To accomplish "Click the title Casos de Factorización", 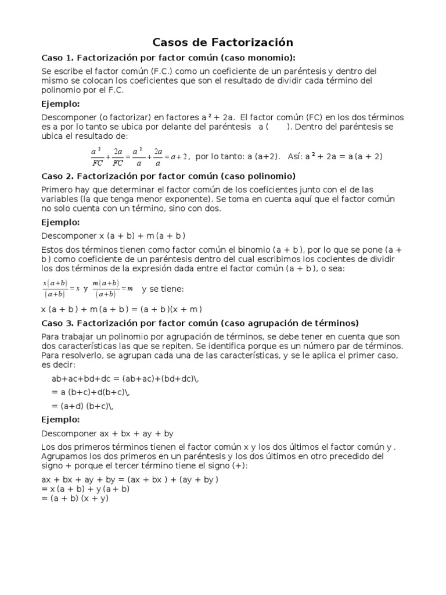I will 222,42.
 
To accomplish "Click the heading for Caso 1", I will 168,58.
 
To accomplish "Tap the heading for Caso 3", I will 200,322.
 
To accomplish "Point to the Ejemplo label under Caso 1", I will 60,104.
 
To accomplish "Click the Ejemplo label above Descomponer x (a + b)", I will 60,222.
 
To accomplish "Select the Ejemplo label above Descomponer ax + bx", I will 60,420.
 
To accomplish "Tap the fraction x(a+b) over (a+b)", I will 55,288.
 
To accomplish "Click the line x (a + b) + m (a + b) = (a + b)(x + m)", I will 121,309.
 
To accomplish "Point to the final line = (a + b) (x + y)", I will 75,498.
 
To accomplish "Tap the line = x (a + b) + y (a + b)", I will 85,489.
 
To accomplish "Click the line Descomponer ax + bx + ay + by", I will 107,433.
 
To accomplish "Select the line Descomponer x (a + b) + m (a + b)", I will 113,235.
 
